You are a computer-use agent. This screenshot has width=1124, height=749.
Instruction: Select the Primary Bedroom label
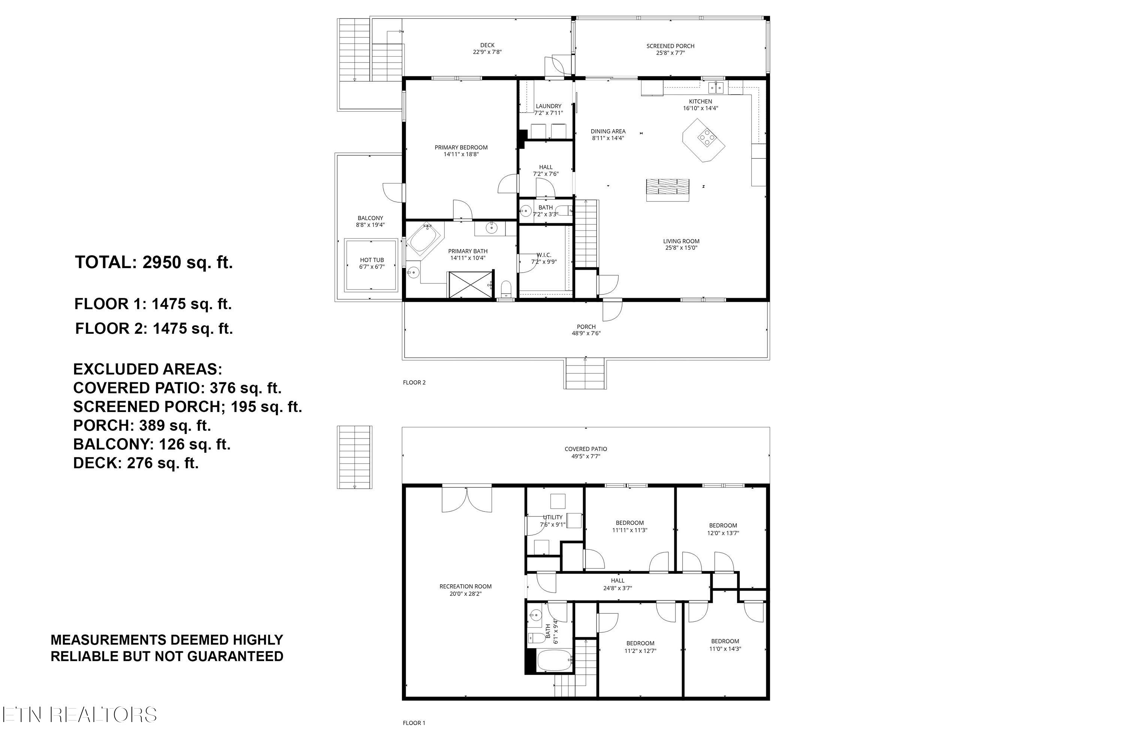pyautogui.click(x=461, y=148)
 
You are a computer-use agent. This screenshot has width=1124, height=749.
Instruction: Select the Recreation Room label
pyautogui.click(x=465, y=586)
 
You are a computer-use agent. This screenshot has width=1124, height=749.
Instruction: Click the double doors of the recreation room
pyautogui.click(x=466, y=499)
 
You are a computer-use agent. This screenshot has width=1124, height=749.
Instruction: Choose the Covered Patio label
pyautogui.click(x=585, y=449)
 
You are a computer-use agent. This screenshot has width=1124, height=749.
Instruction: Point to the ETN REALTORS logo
pyautogui.click(x=79, y=715)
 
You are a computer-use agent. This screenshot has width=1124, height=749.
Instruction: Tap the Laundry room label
pyautogui.click(x=548, y=106)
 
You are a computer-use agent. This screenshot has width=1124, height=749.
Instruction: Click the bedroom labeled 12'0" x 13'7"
pyautogui.click(x=723, y=529)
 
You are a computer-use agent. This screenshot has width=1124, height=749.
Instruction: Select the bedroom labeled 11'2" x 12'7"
pyautogui.click(x=640, y=647)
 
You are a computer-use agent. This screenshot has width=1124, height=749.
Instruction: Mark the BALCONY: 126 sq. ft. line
pyautogui.click(x=151, y=444)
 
